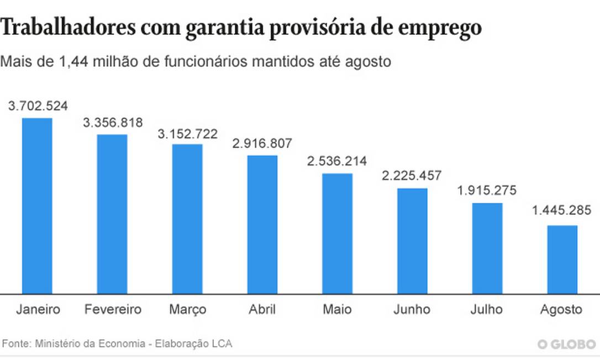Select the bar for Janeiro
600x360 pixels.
37,205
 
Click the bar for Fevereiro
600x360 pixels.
112,214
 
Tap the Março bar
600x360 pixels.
187,219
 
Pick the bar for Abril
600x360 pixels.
262,224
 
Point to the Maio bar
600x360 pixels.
337,234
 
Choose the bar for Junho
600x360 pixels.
412,241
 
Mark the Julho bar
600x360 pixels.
487,248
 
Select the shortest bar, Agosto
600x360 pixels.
562,259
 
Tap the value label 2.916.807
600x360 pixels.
262,144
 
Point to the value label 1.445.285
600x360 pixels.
562,210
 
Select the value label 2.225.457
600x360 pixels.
412,176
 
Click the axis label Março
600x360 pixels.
187,309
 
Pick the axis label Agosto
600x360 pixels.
562,309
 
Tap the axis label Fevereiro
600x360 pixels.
113,309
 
